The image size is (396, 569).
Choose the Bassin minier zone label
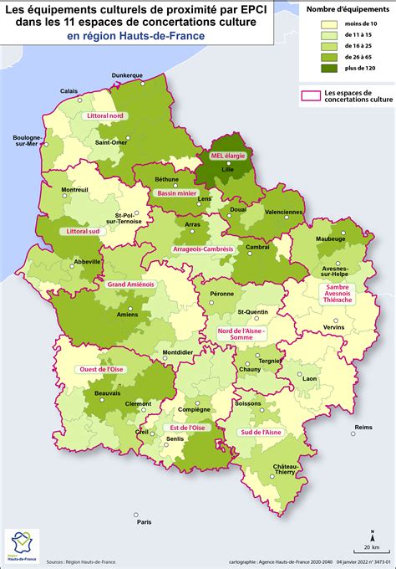[176, 193]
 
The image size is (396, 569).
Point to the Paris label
[145, 522]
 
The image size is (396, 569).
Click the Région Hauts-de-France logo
[20, 546]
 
